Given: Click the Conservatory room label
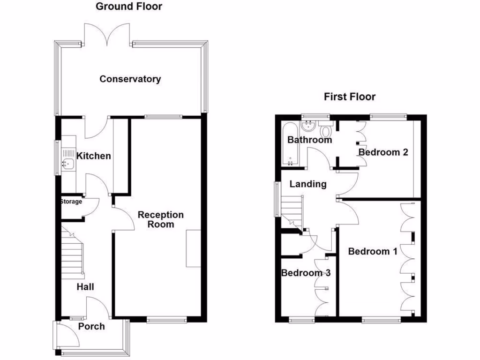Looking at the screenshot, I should pyautogui.click(x=130, y=79).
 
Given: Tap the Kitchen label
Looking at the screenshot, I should pyautogui.click(x=94, y=156).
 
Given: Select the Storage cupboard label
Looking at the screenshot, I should pyautogui.click(x=71, y=202).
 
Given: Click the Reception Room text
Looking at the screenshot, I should pyautogui.click(x=160, y=219).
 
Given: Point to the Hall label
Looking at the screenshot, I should pyautogui.click(x=86, y=286).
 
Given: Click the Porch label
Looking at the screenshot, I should pyautogui.click(x=91, y=326).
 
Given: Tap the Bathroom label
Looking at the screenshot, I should pyautogui.click(x=309, y=140).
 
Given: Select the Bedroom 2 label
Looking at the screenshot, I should pyautogui.click(x=383, y=152).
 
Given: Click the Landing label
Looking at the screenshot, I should pyautogui.click(x=307, y=184).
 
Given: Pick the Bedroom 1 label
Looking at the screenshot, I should pyautogui.click(x=373, y=252).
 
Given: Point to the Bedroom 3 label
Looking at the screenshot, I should pyautogui.click(x=306, y=273).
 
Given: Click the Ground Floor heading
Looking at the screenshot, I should pyautogui.click(x=129, y=7).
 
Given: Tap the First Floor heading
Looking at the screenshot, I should pyautogui.click(x=350, y=97).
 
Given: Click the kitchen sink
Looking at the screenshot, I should pyautogui.click(x=67, y=164).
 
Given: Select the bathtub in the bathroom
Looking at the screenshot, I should pyautogui.click(x=289, y=144).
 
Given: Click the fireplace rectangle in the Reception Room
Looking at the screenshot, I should pyautogui.click(x=194, y=248).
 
